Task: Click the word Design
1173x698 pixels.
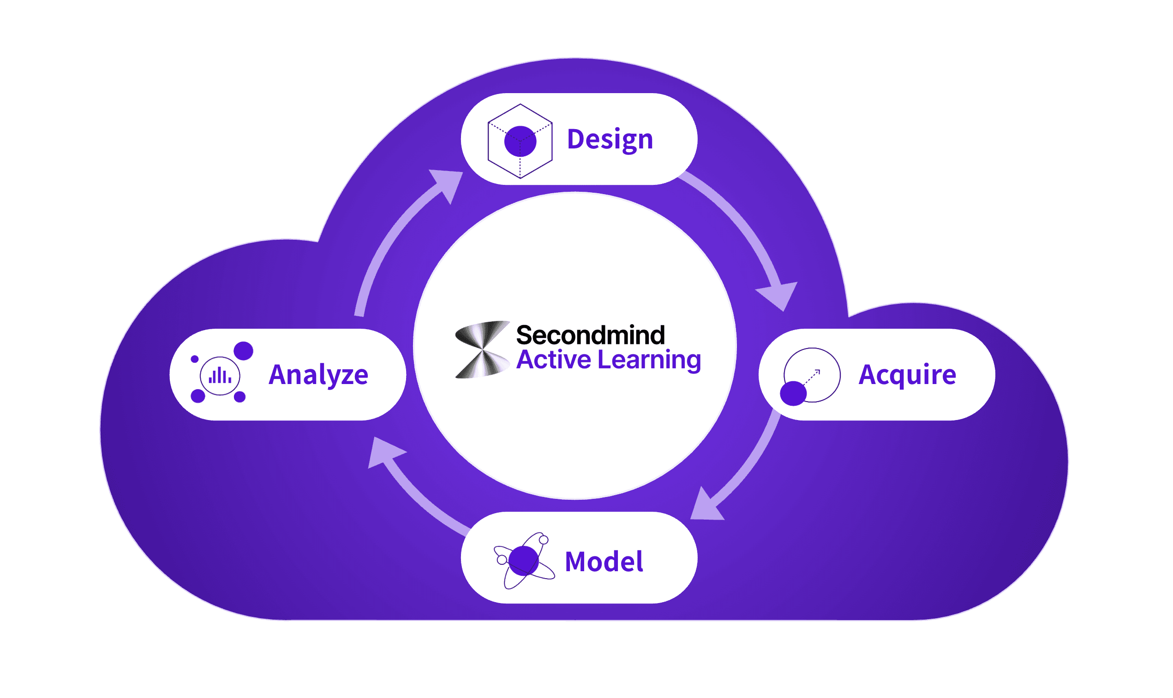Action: [x=610, y=139]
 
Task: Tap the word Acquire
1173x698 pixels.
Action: [x=907, y=375]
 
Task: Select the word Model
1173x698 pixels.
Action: [x=604, y=562]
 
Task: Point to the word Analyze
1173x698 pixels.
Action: [x=318, y=375]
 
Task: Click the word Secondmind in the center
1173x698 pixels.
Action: [x=590, y=335]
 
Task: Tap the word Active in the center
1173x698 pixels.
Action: [x=554, y=360]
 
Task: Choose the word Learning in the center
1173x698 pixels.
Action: [x=649, y=360]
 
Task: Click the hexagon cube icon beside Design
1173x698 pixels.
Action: [x=520, y=141]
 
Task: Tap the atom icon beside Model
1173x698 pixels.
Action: [x=524, y=561]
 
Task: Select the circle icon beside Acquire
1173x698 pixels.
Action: [x=813, y=375]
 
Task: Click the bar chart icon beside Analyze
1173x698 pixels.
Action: [x=220, y=376]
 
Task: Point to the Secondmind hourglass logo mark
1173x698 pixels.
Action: [x=483, y=349]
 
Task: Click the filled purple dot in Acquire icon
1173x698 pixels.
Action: [x=793, y=393]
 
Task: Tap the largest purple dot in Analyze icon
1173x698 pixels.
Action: [x=243, y=351]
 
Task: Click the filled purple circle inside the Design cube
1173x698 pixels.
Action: [x=520, y=141]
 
